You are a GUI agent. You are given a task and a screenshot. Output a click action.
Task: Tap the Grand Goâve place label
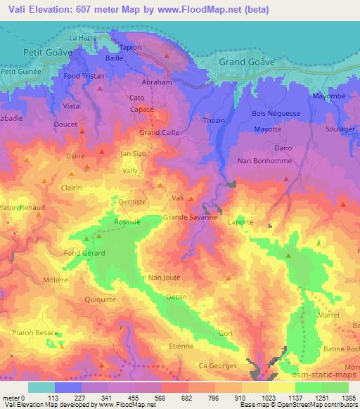click(247, 62)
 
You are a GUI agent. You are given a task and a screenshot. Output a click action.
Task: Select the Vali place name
click(178, 198)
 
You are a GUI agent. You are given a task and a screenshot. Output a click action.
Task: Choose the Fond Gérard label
click(84, 253)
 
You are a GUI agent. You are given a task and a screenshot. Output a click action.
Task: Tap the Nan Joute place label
click(163, 278)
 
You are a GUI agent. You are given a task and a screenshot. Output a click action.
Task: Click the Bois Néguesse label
click(275, 113)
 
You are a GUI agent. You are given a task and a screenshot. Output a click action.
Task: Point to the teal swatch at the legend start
click(41, 387)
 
